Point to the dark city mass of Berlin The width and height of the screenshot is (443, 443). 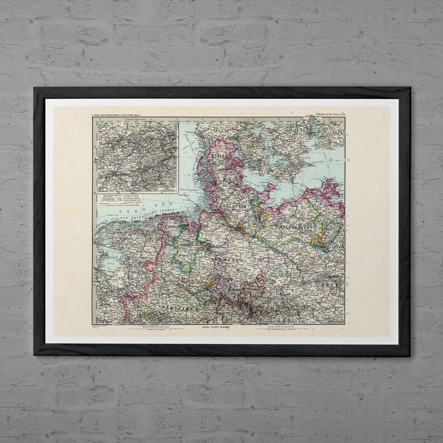[333, 277]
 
